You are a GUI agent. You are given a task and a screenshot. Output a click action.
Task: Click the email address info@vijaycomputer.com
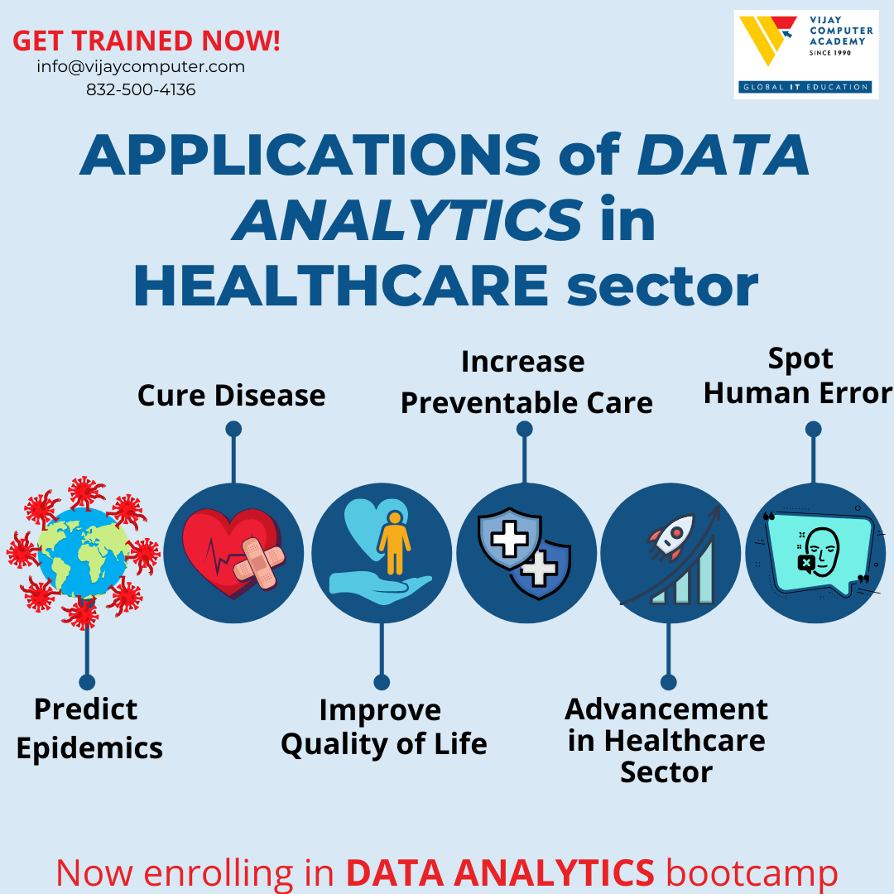click(x=141, y=67)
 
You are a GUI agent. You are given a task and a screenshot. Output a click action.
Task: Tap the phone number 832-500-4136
click(x=141, y=90)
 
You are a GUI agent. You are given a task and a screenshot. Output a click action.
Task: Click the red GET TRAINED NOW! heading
click(x=147, y=41)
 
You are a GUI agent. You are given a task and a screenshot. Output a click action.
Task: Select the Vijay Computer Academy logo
click(x=805, y=55)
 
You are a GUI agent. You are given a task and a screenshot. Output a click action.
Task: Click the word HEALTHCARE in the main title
click(x=340, y=286)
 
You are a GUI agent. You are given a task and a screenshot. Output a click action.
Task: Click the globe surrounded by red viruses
click(x=83, y=552)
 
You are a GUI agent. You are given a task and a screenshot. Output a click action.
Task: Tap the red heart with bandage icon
click(x=233, y=553)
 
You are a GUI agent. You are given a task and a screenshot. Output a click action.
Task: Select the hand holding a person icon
click(x=381, y=553)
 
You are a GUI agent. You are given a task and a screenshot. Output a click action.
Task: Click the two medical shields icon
click(x=526, y=553)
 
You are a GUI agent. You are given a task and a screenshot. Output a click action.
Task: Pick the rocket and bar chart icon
click(x=670, y=553)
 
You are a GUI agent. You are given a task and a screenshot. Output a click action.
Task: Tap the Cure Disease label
click(x=231, y=396)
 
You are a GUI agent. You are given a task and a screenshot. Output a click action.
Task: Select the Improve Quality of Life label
click(x=383, y=728)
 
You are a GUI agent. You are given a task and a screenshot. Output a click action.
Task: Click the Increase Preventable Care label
click(x=526, y=383)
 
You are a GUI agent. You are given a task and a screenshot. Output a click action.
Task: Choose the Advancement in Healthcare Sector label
click(x=666, y=741)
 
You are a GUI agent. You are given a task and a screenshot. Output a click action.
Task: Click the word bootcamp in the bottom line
click(x=752, y=873)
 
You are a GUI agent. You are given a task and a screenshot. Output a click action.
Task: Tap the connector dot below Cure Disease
click(x=233, y=429)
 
